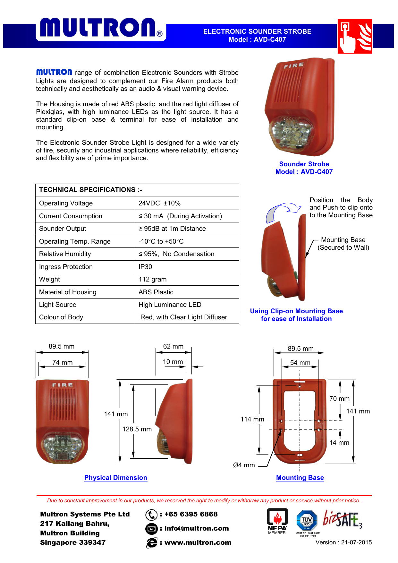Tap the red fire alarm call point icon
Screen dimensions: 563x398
[x=354, y=36]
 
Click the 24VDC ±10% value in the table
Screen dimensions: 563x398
[x=159, y=203]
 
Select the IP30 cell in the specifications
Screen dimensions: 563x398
[x=145, y=267]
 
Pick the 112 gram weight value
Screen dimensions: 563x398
[x=153, y=279]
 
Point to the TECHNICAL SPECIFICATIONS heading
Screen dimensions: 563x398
[x=90, y=190]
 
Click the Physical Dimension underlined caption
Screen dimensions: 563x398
[x=115, y=478]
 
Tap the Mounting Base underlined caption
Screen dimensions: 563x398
[x=300, y=478]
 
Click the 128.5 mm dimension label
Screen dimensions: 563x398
[x=137, y=429]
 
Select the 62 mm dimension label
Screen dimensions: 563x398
[x=173, y=346]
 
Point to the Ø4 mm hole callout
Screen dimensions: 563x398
[x=244, y=465]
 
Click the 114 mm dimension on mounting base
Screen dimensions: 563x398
[x=252, y=419]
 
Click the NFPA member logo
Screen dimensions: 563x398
[x=277, y=521]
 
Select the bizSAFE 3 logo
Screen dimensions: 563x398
[x=343, y=519]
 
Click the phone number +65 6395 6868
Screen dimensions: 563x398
[x=191, y=514]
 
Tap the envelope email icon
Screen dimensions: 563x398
[x=151, y=529]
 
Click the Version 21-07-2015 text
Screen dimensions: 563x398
[x=343, y=542]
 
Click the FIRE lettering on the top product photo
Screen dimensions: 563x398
[x=293, y=66]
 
